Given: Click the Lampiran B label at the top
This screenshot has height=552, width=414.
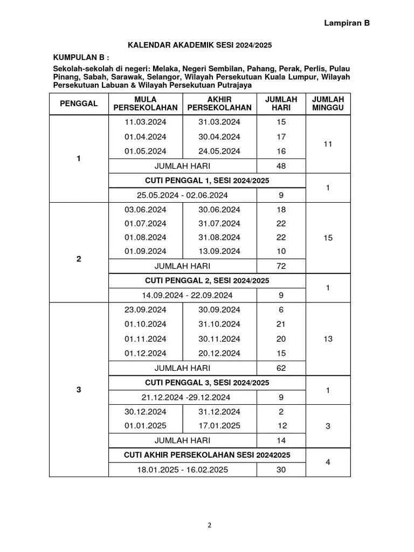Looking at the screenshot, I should pos(347,23).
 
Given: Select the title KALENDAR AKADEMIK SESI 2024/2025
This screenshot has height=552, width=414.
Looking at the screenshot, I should pos(199,45).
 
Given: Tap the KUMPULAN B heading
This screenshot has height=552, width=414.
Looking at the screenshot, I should pos(81,57).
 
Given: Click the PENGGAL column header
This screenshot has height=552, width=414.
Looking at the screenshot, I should pos(79,103).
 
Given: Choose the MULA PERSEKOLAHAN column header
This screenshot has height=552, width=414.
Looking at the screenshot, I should pos(146,103).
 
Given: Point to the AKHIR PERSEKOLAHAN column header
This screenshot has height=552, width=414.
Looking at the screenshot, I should pos(219,103).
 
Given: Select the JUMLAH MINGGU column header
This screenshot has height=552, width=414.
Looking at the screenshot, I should pos(328,103).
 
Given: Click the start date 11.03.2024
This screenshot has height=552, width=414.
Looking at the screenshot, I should pos(146,122).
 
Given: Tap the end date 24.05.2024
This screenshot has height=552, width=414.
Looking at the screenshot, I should pos(219,151).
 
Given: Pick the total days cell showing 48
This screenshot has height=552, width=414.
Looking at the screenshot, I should pos(281,166).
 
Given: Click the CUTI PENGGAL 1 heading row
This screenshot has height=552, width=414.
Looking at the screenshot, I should pos(207,181).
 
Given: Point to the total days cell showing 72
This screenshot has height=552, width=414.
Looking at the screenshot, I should pos(281,266).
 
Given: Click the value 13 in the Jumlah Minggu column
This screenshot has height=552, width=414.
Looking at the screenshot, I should pos(328,339).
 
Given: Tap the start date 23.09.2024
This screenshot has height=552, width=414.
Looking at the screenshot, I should pos(146,310).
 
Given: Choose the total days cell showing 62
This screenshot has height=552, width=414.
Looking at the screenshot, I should pos(281,369).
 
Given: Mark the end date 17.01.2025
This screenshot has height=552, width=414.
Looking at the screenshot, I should pos(219,426).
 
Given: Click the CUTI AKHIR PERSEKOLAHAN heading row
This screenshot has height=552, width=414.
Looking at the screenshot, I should pos(207,456).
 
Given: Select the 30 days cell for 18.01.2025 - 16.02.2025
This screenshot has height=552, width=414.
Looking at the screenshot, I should pos(281,470).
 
